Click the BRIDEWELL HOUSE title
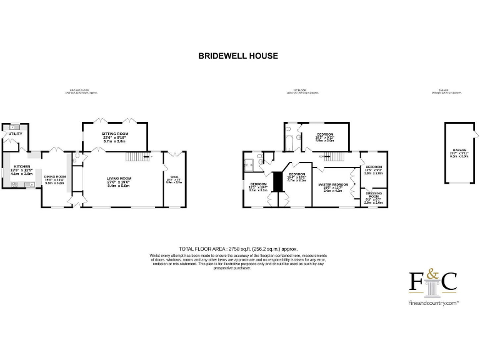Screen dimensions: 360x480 coord(238,56)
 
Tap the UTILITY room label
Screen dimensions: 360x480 coord(14,134)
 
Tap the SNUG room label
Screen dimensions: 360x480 coord(174,179)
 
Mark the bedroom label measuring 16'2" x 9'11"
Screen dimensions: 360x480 coord(324,137)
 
